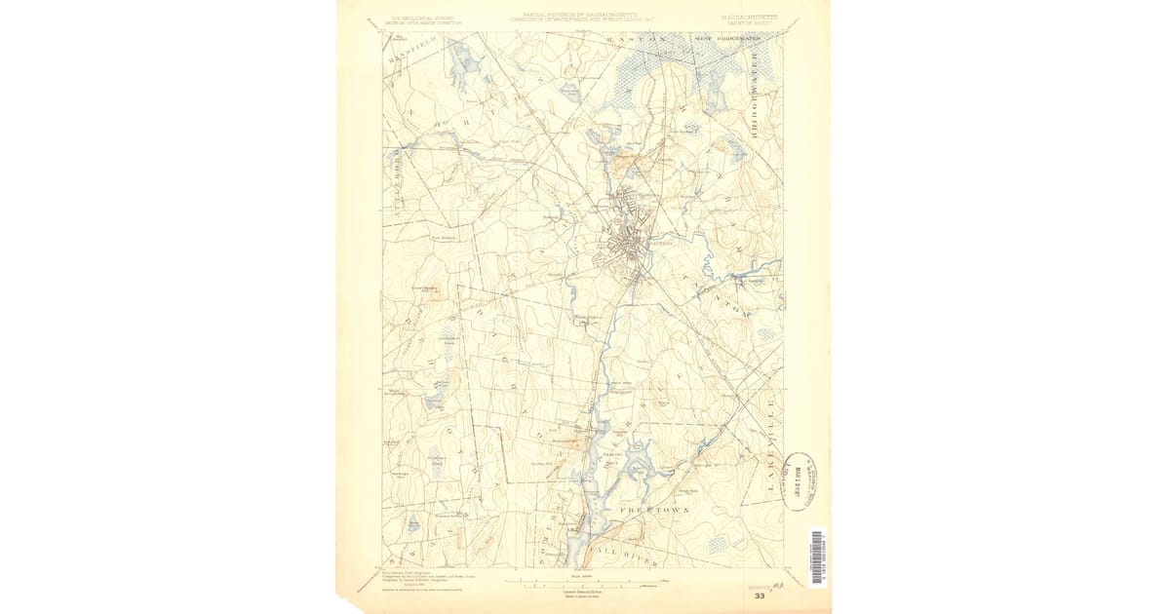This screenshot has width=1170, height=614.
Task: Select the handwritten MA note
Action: coord(779,585)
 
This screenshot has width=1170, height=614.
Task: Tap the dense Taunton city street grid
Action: coord(624,249)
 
